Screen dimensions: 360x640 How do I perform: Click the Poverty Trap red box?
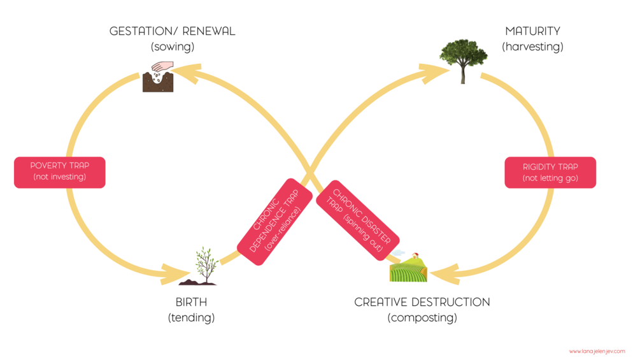pyautogui.click(x=59, y=171)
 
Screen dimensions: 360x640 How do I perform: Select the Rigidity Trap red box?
pyautogui.click(x=550, y=173)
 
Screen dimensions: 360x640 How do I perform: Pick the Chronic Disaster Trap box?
pyautogui.click(x=357, y=219)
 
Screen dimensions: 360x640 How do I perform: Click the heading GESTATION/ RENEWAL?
pyautogui.click(x=172, y=31)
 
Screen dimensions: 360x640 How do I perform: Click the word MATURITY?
pyautogui.click(x=532, y=31)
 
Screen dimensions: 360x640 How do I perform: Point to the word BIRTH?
pyautogui.click(x=191, y=302)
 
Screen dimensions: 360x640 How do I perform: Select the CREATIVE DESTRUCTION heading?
pyautogui.click(x=422, y=302)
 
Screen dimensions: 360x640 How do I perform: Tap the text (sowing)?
pyautogui.click(x=172, y=47)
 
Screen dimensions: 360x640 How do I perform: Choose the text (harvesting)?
pyautogui.click(x=532, y=47)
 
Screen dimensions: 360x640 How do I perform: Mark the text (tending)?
pyautogui.click(x=191, y=317)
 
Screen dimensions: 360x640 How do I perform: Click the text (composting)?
pyautogui.click(x=422, y=317)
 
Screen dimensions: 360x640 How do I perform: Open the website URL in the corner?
pyautogui.click(x=597, y=351)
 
